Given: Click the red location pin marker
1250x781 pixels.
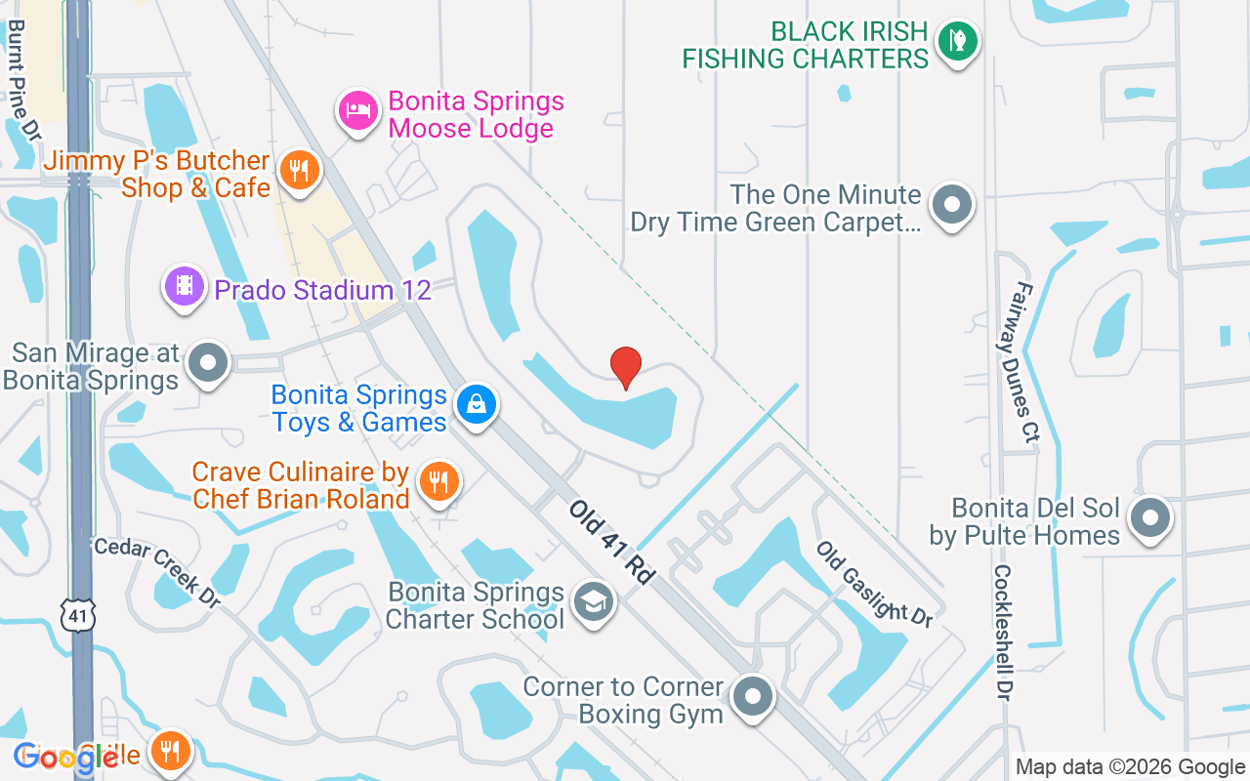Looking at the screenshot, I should click(626, 367).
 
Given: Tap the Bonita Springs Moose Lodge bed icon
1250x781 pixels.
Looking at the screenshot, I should click(358, 111).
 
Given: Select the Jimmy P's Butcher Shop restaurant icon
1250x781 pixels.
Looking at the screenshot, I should click(299, 172).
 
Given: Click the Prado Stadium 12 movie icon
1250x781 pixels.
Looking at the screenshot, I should click(184, 287).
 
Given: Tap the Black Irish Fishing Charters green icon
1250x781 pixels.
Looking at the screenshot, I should click(957, 42).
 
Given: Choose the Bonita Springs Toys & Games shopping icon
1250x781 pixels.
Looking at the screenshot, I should click(476, 403).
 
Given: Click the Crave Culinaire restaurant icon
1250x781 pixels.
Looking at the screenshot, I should click(439, 481).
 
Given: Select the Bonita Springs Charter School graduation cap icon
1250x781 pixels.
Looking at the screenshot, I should click(591, 602).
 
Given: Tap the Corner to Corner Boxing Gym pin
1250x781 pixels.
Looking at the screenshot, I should click(753, 697).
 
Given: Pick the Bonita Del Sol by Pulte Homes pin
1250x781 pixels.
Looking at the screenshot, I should click(1150, 517).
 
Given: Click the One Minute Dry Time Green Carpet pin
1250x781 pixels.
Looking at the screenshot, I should click(951, 205).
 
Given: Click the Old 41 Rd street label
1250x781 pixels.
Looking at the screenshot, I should click(611, 543).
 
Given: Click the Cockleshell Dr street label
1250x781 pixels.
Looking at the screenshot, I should click(1003, 632).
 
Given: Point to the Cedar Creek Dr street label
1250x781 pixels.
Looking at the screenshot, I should click(156, 570).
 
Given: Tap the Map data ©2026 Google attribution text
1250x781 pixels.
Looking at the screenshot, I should click(1130, 767).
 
